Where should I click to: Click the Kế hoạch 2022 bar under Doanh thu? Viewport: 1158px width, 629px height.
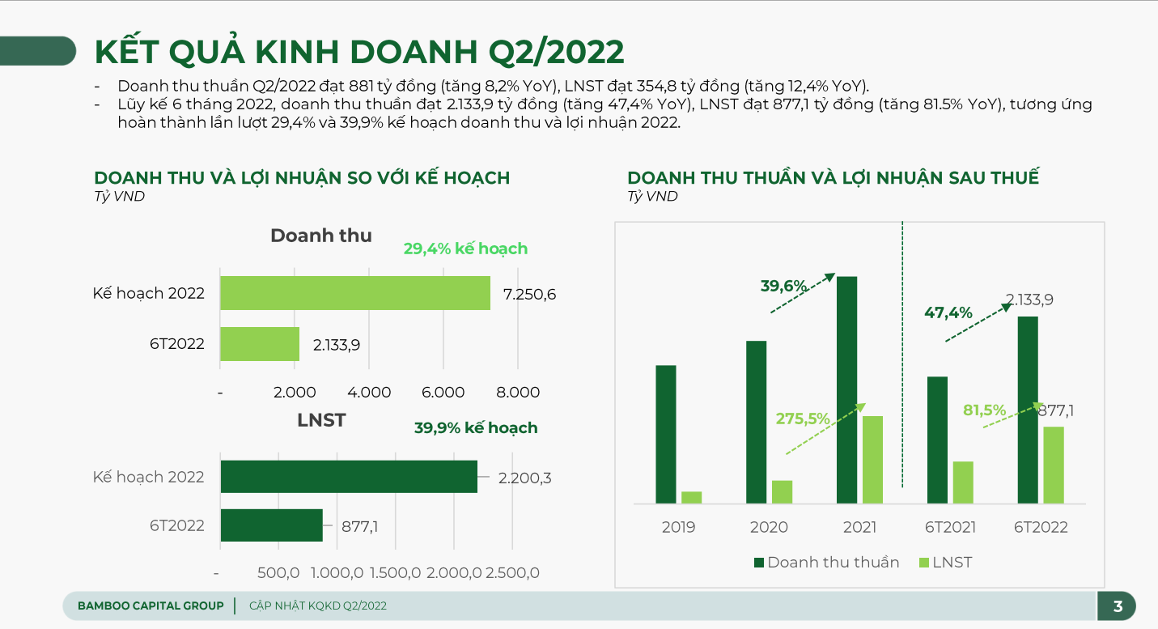(355, 293)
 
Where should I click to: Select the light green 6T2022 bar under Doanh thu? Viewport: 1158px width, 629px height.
(260, 344)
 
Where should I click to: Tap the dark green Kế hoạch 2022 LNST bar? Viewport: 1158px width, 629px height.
(349, 477)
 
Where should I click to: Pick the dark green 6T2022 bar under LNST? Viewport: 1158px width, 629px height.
(271, 525)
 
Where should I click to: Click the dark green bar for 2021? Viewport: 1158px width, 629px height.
(846, 390)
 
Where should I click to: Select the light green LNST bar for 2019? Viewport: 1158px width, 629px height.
(691, 497)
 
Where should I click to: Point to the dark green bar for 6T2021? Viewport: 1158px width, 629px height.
(937, 440)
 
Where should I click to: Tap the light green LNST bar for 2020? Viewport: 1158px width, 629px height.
(782, 491)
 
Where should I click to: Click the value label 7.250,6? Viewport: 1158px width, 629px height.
(529, 294)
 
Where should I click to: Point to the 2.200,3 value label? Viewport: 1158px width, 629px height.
(524, 478)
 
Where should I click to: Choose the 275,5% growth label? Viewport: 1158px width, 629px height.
(803, 419)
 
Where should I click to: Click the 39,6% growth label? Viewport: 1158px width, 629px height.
(783, 286)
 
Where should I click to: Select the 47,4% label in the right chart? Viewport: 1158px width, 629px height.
(948, 312)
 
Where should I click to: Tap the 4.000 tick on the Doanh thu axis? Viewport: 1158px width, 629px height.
(369, 393)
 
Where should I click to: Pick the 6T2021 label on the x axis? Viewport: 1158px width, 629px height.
(950, 527)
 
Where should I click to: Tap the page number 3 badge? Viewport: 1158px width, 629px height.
(1118, 606)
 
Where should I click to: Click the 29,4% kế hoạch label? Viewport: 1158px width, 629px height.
(465, 249)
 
